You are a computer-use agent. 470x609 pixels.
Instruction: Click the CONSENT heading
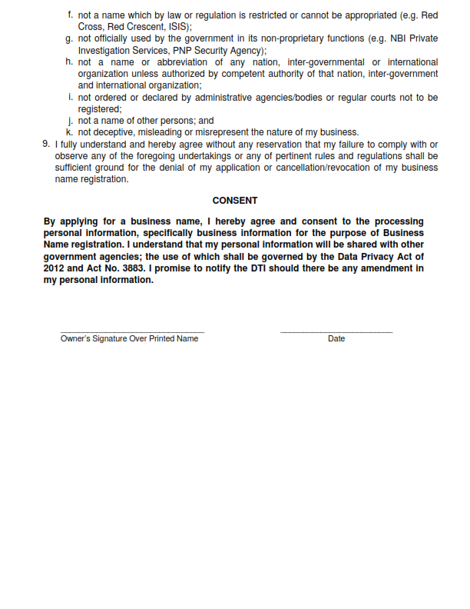click(235, 201)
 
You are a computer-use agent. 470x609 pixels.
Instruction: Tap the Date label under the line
click(336, 339)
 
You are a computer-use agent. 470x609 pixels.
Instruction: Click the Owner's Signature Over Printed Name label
click(129, 339)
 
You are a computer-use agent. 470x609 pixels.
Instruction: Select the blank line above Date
click(336, 332)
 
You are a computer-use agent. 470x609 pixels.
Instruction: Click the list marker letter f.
click(71, 15)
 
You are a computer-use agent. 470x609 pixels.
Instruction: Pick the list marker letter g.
click(70, 38)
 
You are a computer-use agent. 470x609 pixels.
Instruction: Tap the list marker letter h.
click(70, 62)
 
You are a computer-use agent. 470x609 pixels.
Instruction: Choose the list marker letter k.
click(70, 132)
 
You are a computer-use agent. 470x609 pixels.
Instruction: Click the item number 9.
click(46, 144)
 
